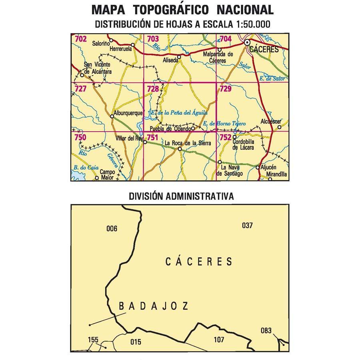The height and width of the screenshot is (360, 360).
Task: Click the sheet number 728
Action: pyautogui.click(x=152, y=89)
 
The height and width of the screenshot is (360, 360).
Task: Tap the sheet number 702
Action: pyautogui.click(x=80, y=39)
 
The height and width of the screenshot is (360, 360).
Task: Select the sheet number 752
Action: pyautogui.click(x=225, y=137)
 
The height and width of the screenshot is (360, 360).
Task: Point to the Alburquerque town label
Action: pyautogui.click(x=128, y=113)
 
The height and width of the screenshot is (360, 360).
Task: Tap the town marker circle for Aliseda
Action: pyautogui.click(x=179, y=57)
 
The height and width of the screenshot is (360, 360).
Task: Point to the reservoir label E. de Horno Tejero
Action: pyautogui.click(x=224, y=124)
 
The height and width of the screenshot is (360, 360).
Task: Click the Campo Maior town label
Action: pyautogui.click(x=108, y=174)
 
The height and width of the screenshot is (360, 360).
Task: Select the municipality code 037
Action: pyautogui.click(x=248, y=225)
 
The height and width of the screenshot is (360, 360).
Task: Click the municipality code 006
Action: pyautogui.click(x=112, y=229)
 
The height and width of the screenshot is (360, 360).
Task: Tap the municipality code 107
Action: pyautogui.click(x=219, y=340)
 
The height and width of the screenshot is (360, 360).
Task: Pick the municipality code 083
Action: pyautogui.click(x=266, y=330)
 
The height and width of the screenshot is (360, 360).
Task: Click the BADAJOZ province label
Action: pyautogui.click(x=154, y=306)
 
